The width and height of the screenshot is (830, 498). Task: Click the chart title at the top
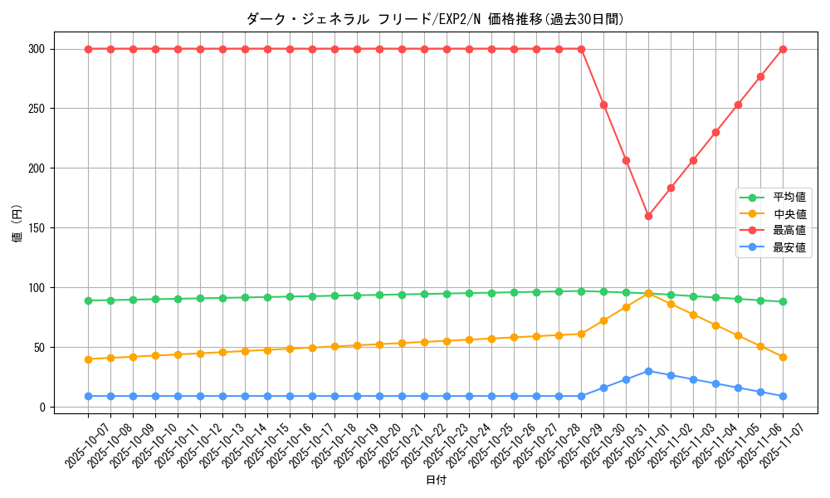tap(435, 19)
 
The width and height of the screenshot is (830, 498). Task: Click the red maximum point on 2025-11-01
tap(648, 216)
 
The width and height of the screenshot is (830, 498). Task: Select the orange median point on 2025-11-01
tap(648, 293)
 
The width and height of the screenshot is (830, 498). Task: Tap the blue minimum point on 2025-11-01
tap(648, 371)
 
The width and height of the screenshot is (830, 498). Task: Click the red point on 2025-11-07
tap(783, 49)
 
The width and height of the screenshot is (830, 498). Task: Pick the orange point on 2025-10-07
tap(88, 359)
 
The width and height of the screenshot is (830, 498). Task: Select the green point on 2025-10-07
tap(88, 300)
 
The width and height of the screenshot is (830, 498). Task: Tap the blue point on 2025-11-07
tap(783, 396)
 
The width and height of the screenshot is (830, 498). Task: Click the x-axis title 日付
tap(435, 481)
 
